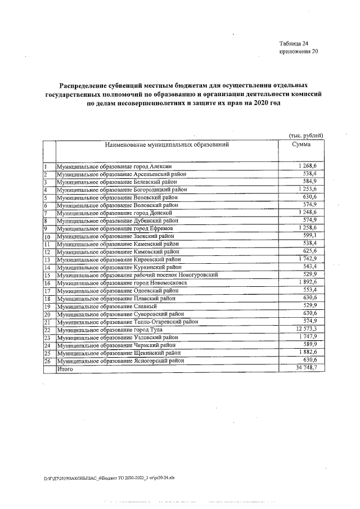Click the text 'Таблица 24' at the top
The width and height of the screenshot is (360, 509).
(294, 43)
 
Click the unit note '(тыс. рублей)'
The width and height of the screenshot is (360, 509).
(305, 136)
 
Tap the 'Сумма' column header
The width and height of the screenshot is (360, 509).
(301, 145)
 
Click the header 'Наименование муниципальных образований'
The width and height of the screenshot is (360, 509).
(166, 145)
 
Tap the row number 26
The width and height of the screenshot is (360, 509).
(47, 361)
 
